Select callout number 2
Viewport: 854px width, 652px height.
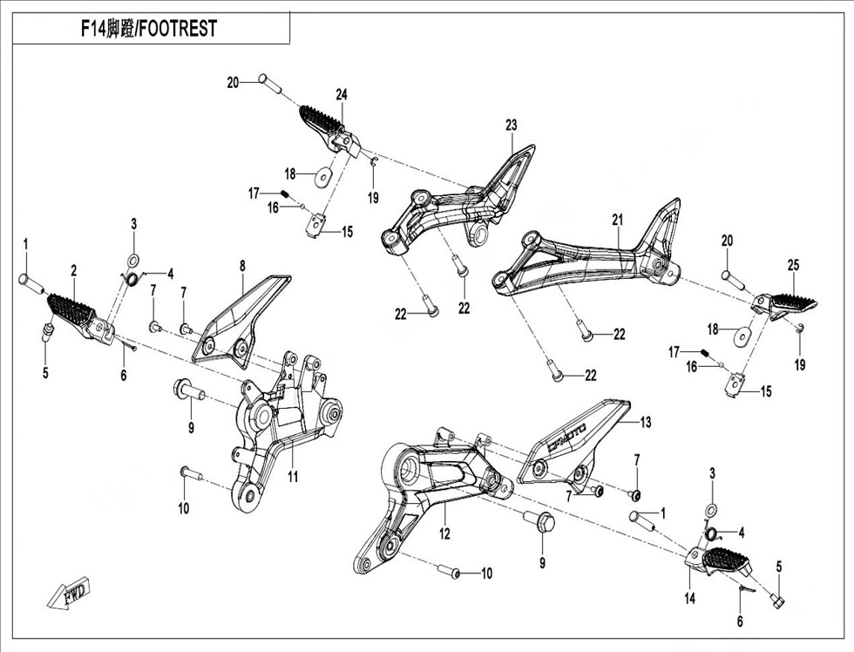[x=74, y=271]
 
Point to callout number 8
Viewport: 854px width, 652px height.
[x=242, y=265]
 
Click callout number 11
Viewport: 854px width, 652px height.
[x=294, y=476]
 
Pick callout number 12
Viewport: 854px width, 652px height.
[x=444, y=534]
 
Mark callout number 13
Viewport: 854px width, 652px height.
[x=645, y=423]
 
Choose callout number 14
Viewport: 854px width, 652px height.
[x=689, y=599]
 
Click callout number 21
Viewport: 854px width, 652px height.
[x=617, y=220]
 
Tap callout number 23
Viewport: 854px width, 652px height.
[x=511, y=126]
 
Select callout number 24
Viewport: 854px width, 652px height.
[x=342, y=94]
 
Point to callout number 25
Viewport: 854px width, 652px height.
[x=793, y=265]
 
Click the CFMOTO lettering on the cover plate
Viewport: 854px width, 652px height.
[x=567, y=433]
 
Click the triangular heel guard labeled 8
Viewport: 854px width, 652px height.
[x=240, y=323]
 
